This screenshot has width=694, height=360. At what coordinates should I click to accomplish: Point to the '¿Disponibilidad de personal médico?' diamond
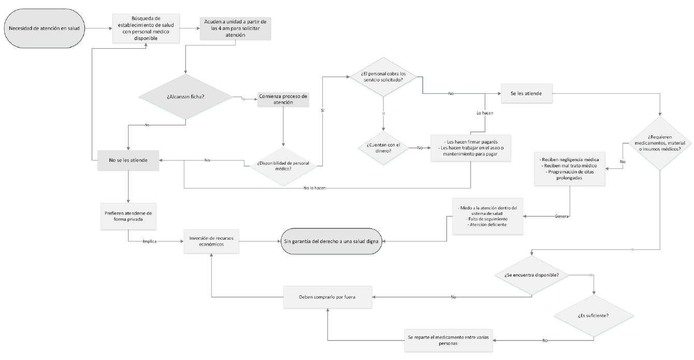283,165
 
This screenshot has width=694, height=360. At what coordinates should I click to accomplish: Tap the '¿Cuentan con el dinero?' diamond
384,147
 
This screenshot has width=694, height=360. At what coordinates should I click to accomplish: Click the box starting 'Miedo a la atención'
488,215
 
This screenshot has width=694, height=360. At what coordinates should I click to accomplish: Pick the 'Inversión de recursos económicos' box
212,241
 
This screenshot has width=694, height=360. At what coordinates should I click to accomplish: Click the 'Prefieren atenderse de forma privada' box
127,216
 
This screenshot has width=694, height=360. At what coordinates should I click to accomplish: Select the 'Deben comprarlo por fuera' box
327,297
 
